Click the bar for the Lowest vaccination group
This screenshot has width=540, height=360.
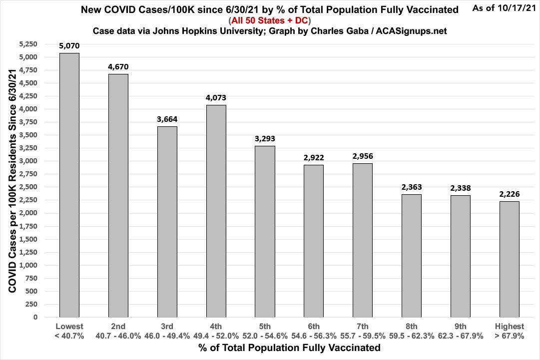pyautogui.click(x=69, y=185)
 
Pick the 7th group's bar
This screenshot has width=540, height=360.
pyautogui.click(x=363, y=240)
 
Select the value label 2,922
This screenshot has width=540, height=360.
pyautogui.click(x=314, y=157)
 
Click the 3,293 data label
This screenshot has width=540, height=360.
pyautogui.click(x=265, y=138)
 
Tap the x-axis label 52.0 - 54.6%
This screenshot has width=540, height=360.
pyautogui.click(x=265, y=336)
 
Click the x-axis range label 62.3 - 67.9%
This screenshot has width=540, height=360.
pyautogui.click(x=460, y=336)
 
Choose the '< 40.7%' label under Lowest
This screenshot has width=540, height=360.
pyautogui.click(x=69, y=336)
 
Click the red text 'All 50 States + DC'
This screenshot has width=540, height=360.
pyautogui.click(x=269, y=20)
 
